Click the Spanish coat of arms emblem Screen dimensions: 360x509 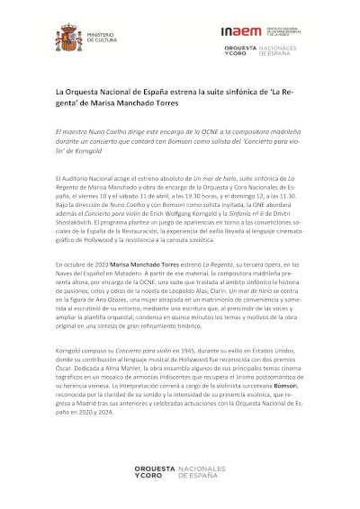pyautogui.click(x=68, y=39)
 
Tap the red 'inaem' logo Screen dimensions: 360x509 pyautogui.click(x=240, y=31)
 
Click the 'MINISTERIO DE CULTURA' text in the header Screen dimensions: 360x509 pyautogui.click(x=100, y=39)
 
